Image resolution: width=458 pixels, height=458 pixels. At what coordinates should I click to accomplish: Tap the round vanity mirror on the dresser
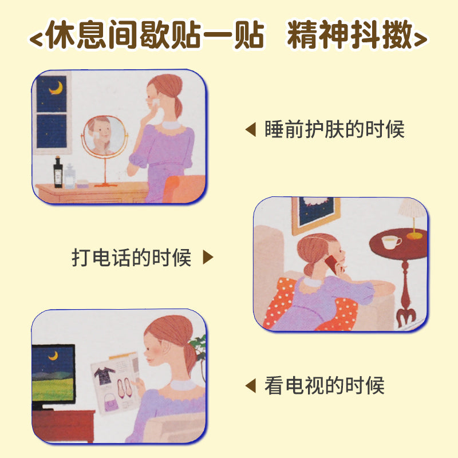[104, 135]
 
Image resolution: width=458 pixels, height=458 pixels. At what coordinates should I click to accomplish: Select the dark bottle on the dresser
[58, 172]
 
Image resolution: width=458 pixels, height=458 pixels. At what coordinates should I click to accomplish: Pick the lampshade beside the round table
[412, 208]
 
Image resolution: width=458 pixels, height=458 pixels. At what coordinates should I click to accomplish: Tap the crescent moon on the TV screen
[53, 356]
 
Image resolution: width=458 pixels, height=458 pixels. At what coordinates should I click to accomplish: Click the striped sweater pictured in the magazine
[104, 376]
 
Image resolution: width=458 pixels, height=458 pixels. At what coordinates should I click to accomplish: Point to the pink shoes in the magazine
[124, 388]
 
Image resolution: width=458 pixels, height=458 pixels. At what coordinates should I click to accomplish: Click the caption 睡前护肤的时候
[334, 129]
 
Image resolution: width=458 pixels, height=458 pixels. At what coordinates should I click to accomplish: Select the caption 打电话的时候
[132, 257]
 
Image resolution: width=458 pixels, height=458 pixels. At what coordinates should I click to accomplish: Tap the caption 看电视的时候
[324, 385]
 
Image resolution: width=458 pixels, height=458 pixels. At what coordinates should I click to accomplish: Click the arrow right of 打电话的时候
[208, 257]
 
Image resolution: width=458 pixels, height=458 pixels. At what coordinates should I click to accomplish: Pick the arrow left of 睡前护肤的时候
[251, 129]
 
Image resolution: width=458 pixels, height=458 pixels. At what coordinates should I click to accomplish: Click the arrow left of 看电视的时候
[251, 385]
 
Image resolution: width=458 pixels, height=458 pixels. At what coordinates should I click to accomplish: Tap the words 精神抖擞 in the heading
[350, 34]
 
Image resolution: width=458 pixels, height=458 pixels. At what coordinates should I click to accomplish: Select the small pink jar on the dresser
[82, 184]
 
